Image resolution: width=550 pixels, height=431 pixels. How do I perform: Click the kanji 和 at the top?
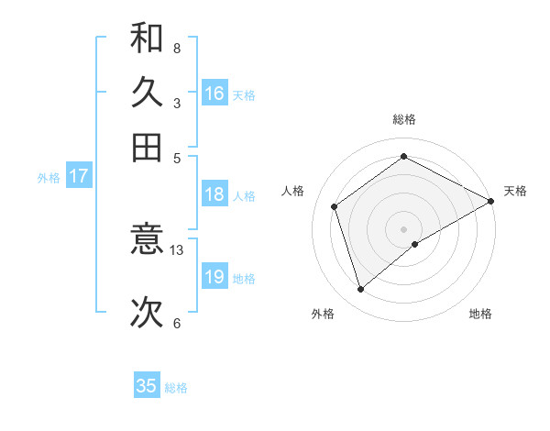(147, 39)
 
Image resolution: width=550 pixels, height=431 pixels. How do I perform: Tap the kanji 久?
(147, 94)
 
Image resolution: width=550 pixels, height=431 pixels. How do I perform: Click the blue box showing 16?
(214, 94)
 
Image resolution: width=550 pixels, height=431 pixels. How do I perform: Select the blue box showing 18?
(214, 194)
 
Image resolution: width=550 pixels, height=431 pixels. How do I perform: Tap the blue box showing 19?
(214, 277)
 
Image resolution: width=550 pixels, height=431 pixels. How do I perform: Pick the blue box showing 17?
(78, 176)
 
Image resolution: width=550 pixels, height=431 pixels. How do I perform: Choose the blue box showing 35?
(147, 386)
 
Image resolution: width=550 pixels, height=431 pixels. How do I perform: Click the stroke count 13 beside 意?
(177, 249)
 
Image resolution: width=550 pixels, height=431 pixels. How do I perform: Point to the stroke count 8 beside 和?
(176, 48)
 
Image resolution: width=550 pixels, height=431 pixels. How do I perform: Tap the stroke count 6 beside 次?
(176, 323)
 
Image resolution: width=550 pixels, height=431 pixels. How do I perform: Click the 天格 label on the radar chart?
(515, 191)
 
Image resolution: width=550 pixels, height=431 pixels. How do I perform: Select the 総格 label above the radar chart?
(404, 119)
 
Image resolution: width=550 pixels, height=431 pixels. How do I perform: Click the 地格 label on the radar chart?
(480, 315)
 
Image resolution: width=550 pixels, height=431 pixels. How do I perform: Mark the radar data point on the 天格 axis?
(492, 200)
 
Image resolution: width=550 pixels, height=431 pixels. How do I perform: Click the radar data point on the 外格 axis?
(360, 290)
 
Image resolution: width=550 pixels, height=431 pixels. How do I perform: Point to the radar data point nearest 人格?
(335, 206)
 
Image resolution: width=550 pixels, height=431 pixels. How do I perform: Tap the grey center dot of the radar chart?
(404, 228)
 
